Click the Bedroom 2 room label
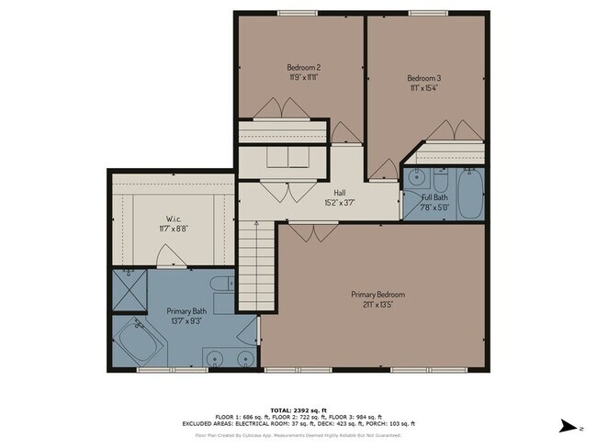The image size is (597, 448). pos(303,67)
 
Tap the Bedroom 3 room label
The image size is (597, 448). pos(424,78)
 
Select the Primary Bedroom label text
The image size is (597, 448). pos(378,294)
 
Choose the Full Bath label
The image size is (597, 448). pos(434,197)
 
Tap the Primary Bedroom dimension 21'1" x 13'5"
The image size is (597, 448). pos(378,305)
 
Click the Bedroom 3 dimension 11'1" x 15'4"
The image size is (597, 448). pos(424,88)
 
